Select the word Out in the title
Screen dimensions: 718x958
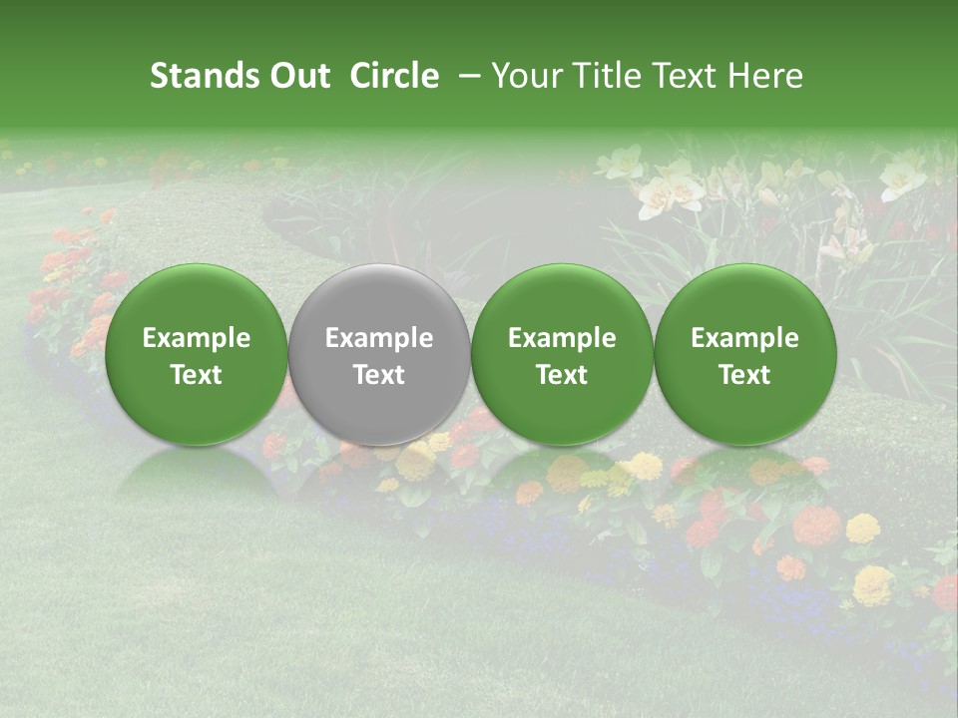point(296,76)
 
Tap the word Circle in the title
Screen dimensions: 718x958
point(394,76)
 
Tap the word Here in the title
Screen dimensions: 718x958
point(766,76)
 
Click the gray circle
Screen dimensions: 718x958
point(378,399)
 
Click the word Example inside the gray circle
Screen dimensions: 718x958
point(378,338)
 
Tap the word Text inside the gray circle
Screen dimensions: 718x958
point(378,375)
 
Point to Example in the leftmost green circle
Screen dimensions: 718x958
point(196,338)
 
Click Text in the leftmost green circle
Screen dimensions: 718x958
point(196,375)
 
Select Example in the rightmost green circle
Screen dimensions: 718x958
point(744,338)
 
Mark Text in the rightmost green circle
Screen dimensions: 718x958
point(744,375)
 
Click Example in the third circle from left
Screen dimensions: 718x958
point(562,338)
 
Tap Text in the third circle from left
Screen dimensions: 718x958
point(562,375)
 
